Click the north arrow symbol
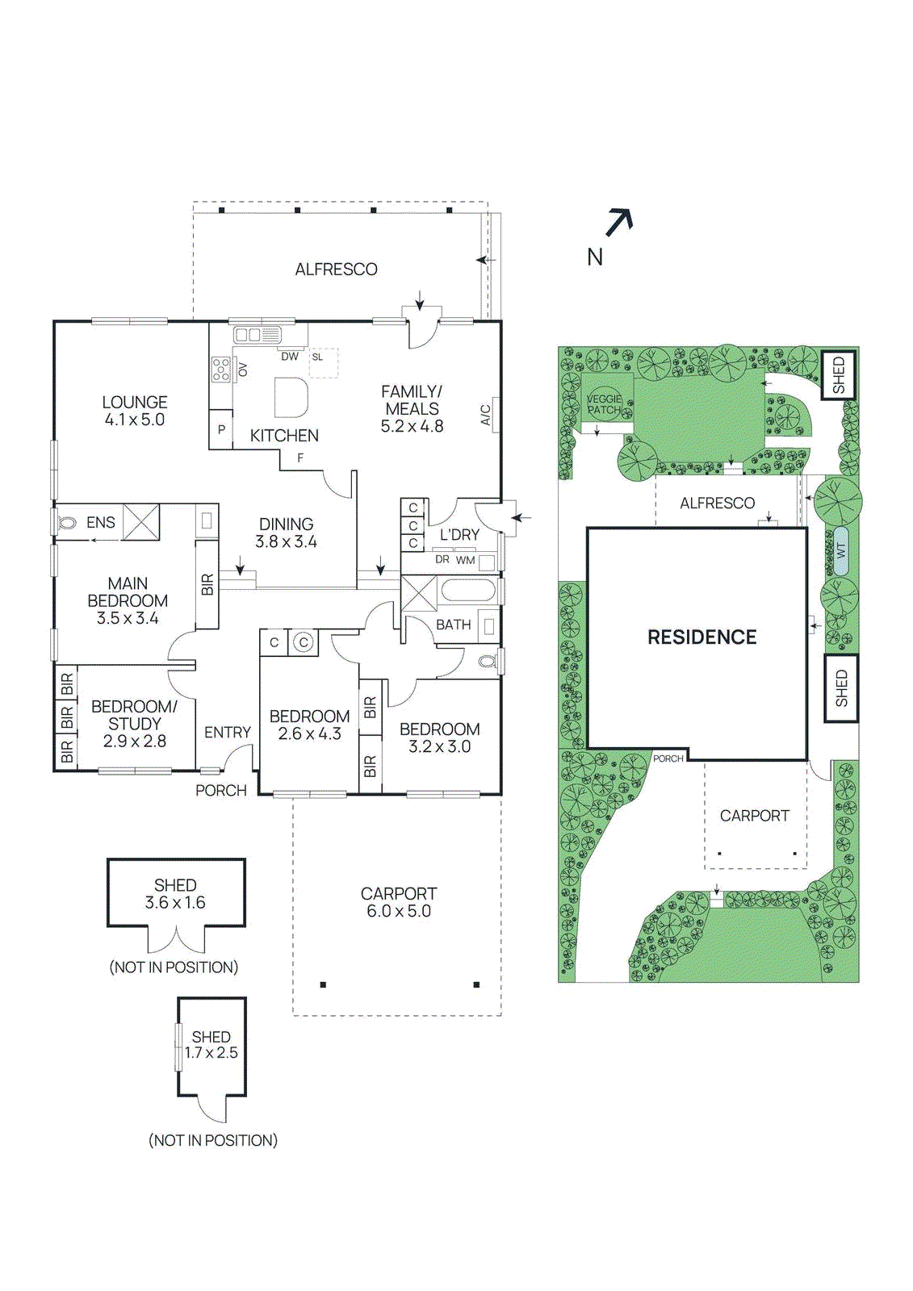618,222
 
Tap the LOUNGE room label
135,402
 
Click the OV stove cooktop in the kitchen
221,370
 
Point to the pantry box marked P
221,430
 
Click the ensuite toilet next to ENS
67,523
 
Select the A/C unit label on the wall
486,415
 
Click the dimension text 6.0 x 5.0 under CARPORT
398,912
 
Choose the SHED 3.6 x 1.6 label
175,894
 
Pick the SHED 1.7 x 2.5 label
211,1044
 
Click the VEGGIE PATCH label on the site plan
604,404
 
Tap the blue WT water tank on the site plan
840,551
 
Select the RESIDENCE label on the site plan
702,637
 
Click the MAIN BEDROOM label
128,591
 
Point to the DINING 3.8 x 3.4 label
286,533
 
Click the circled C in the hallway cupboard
303,642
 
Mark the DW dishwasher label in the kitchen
289,356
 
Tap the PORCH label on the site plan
668,758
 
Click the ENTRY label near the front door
228,733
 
